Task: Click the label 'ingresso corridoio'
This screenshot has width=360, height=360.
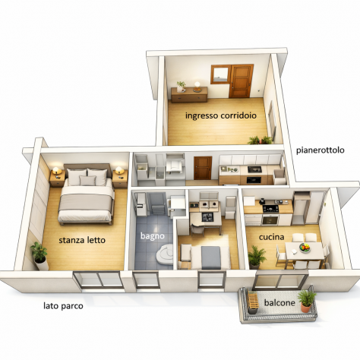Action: click(x=221, y=115)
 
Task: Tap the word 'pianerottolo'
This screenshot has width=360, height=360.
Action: click(x=321, y=150)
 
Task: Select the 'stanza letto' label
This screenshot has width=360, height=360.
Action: click(x=82, y=240)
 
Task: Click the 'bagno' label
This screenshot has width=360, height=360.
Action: click(x=153, y=236)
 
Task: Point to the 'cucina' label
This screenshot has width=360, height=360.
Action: click(x=271, y=237)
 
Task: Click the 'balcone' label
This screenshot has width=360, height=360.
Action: click(x=279, y=302)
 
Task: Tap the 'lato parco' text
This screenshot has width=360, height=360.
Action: click(x=63, y=306)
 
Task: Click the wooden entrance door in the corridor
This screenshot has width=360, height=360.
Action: click(x=242, y=81)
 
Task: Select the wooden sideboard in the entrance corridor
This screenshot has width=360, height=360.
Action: click(x=189, y=95)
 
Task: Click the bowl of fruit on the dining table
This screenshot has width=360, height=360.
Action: click(x=305, y=247)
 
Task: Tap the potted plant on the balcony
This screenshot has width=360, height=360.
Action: click(x=307, y=300)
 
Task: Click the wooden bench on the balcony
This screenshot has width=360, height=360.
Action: click(x=252, y=302)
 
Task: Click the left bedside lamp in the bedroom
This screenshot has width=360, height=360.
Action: click(x=57, y=170)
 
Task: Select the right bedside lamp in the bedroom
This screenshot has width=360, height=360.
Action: click(x=119, y=170)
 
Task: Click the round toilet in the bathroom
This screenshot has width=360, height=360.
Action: click(x=165, y=254)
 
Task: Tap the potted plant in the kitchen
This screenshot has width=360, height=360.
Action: click(x=256, y=257)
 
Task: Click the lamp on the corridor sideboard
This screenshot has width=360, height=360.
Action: click(x=197, y=87)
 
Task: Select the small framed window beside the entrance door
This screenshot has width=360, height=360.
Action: click(x=220, y=74)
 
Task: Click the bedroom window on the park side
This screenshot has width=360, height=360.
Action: click(x=98, y=279)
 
